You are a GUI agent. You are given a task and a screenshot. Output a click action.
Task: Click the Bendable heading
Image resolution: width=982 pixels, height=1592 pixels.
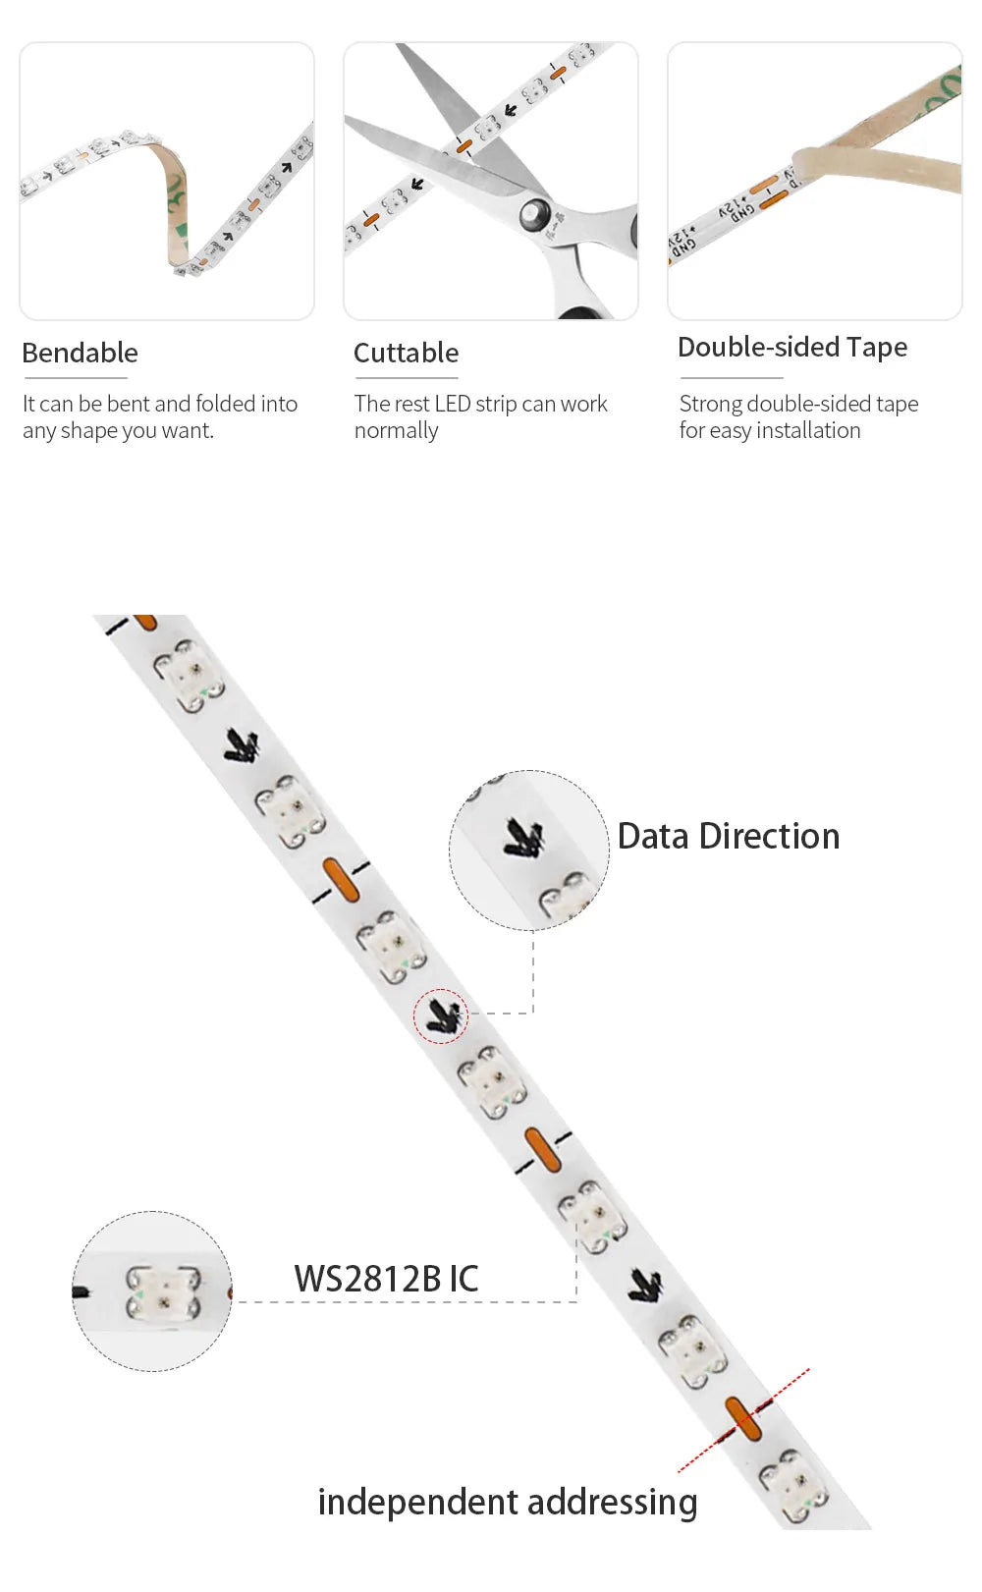pyautogui.click(x=81, y=353)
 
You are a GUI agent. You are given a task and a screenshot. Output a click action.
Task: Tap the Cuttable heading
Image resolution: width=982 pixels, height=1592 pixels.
pyautogui.click(x=407, y=353)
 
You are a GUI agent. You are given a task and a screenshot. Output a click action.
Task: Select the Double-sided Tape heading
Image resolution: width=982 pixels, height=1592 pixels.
pyautogui.click(x=792, y=348)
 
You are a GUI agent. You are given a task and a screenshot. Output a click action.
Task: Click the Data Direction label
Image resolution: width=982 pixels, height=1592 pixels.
pyautogui.click(x=729, y=836)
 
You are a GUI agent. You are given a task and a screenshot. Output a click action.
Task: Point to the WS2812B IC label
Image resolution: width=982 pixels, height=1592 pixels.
pyautogui.click(x=387, y=1279)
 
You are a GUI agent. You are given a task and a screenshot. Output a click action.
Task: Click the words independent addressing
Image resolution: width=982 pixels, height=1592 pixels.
pyautogui.click(x=508, y=1503)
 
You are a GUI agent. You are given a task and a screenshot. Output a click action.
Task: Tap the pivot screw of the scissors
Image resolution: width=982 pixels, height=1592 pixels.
pyautogui.click(x=533, y=214)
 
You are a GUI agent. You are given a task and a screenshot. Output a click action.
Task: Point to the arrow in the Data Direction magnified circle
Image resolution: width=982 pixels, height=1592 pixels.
pyautogui.click(x=524, y=837)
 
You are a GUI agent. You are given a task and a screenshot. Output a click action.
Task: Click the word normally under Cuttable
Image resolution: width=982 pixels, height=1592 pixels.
pyautogui.click(x=397, y=431)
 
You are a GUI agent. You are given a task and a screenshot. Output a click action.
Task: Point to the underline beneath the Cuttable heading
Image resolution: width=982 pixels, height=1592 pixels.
pyautogui.click(x=406, y=378)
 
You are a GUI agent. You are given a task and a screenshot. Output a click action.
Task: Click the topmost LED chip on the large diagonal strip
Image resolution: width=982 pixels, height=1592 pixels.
pyautogui.click(x=189, y=675)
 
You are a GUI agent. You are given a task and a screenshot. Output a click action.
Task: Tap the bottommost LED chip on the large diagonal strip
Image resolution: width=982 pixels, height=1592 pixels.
pyautogui.click(x=793, y=1485)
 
